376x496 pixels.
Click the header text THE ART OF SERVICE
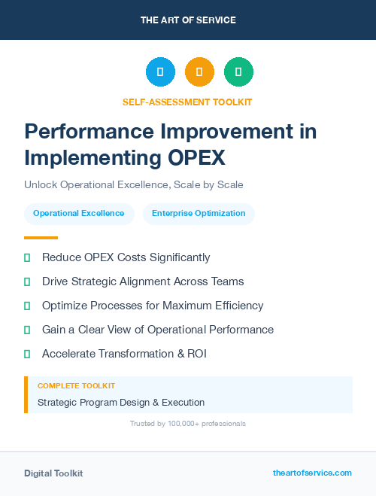click(x=188, y=20)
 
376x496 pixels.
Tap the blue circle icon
click(x=160, y=72)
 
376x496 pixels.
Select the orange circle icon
click(x=199, y=72)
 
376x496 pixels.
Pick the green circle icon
click(x=238, y=72)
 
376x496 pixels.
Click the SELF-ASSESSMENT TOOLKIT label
click(x=187, y=102)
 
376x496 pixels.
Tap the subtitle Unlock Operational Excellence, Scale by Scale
click(x=134, y=184)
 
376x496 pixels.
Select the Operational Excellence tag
click(x=79, y=213)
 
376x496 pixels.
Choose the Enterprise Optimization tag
click(x=199, y=213)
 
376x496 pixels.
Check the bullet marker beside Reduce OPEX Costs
click(x=27, y=258)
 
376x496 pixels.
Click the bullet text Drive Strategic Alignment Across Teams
click(x=143, y=281)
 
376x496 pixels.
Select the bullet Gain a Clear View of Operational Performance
click(x=158, y=330)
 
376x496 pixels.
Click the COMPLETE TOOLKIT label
click(x=76, y=385)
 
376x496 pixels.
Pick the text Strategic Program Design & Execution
click(x=121, y=402)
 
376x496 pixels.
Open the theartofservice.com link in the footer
click(x=312, y=473)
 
